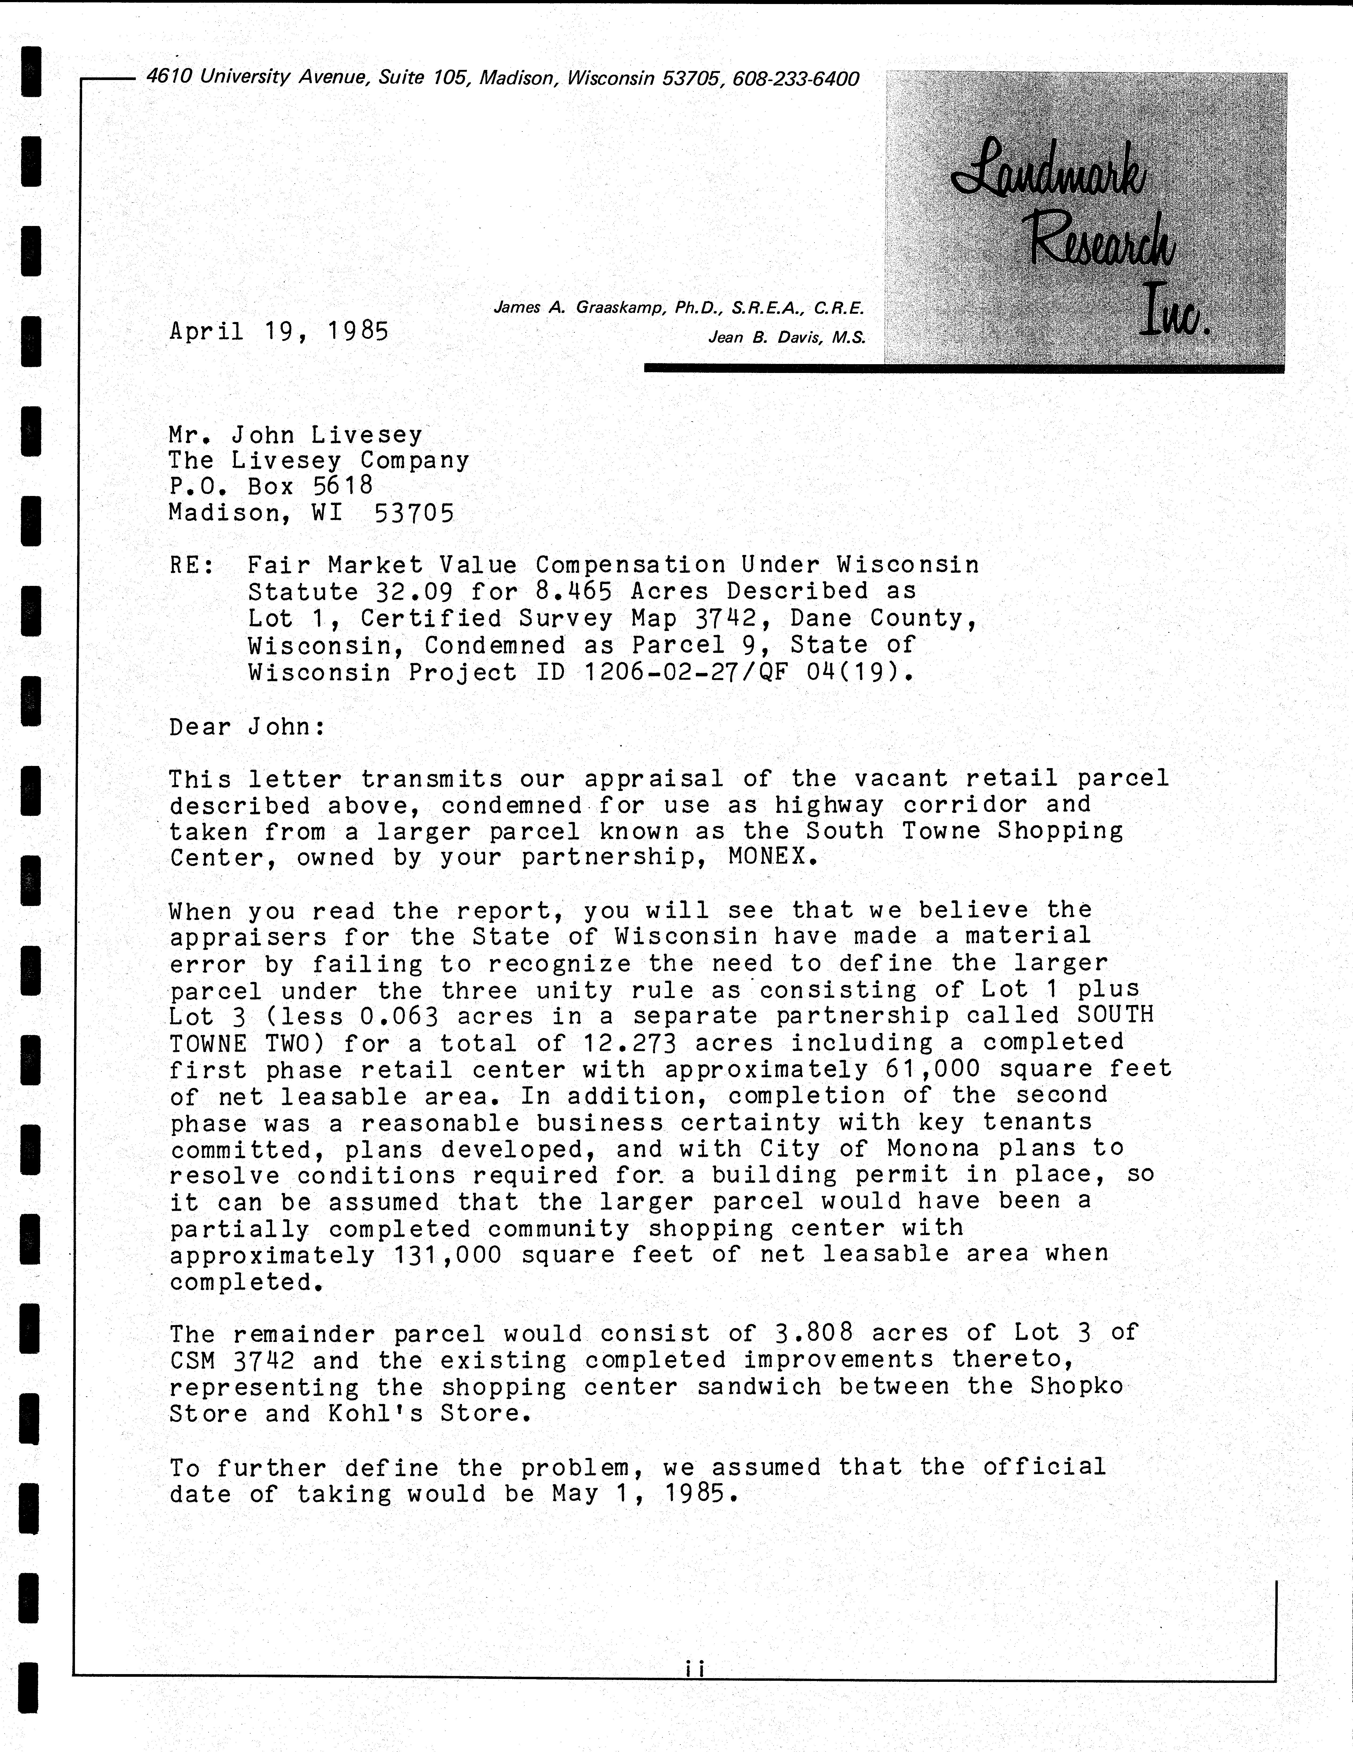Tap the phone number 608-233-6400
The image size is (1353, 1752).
(x=795, y=79)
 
